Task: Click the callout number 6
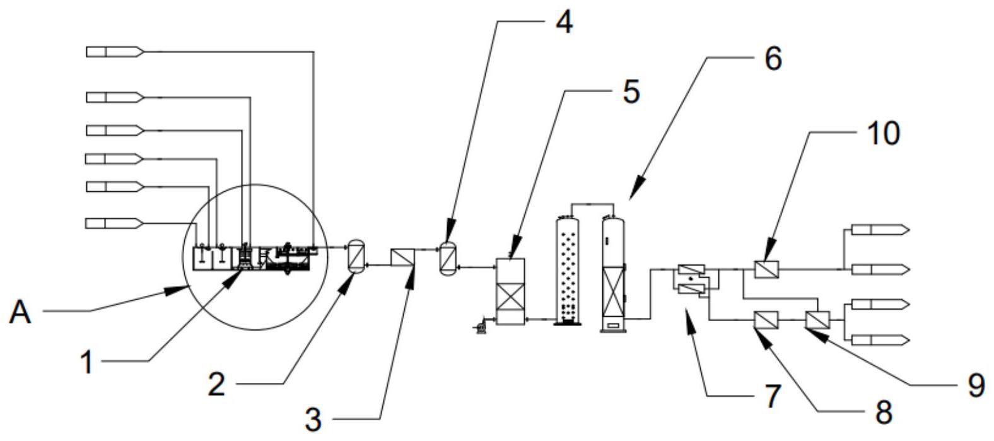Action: pyautogui.click(x=773, y=59)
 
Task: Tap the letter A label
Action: pyautogui.click(x=21, y=312)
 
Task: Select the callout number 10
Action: pyautogui.click(x=883, y=133)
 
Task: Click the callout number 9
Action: pyautogui.click(x=976, y=384)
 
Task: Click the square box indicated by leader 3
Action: pyautogui.click(x=402, y=258)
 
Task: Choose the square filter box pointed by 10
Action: pyautogui.click(x=767, y=269)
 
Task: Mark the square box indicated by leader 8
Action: pyautogui.click(x=766, y=320)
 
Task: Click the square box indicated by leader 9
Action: pyautogui.click(x=818, y=320)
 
